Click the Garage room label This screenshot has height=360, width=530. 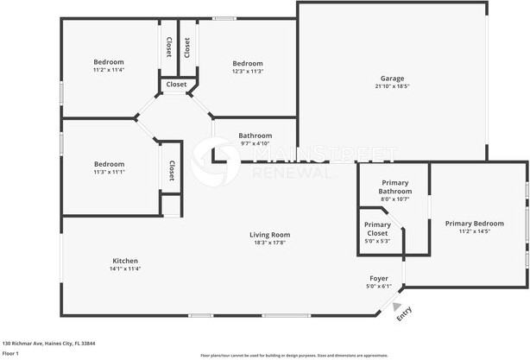tap(392, 78)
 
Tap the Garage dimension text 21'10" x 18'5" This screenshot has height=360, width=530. tap(392, 86)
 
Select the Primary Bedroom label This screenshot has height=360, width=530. tap(474, 223)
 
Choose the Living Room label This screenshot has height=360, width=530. tap(269, 234)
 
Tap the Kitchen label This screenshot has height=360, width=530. tap(125, 261)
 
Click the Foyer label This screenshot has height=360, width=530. tap(379, 278)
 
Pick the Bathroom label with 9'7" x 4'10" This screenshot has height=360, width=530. tap(256, 136)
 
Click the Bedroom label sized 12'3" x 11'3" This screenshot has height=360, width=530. tap(248, 63)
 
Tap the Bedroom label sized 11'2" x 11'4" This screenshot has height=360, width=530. tap(109, 61)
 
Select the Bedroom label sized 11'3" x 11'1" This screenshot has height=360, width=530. tap(109, 164)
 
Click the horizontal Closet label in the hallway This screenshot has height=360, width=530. tap(176, 85)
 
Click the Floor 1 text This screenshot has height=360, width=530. tap(10, 353)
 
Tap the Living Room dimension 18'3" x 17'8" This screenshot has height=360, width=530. tap(269, 243)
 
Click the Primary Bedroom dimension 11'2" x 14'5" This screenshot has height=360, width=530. tap(474, 231)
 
